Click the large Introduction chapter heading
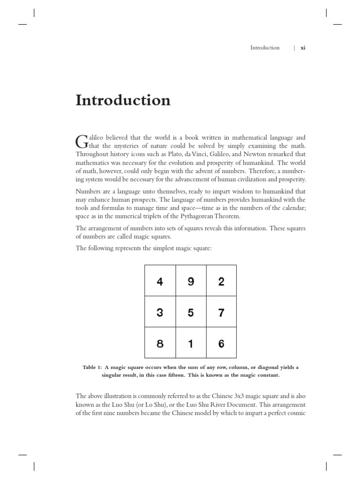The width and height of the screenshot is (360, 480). (x=123, y=100)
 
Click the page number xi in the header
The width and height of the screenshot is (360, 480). (x=303, y=48)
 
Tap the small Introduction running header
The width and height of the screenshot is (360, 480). (x=264, y=48)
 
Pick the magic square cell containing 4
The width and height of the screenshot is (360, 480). (x=160, y=281)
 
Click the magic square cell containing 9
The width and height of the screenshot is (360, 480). (x=191, y=281)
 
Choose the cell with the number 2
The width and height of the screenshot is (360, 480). (x=221, y=281)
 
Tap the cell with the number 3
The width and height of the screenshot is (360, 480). (x=160, y=312)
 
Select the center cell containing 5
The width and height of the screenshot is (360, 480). (x=191, y=312)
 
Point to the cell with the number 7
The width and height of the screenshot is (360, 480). (x=221, y=312)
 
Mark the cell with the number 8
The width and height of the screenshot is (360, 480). (x=160, y=343)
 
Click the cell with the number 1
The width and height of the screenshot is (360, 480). (x=191, y=343)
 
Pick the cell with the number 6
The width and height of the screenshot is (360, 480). (x=221, y=343)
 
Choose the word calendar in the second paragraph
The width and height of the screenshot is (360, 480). (x=293, y=208)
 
